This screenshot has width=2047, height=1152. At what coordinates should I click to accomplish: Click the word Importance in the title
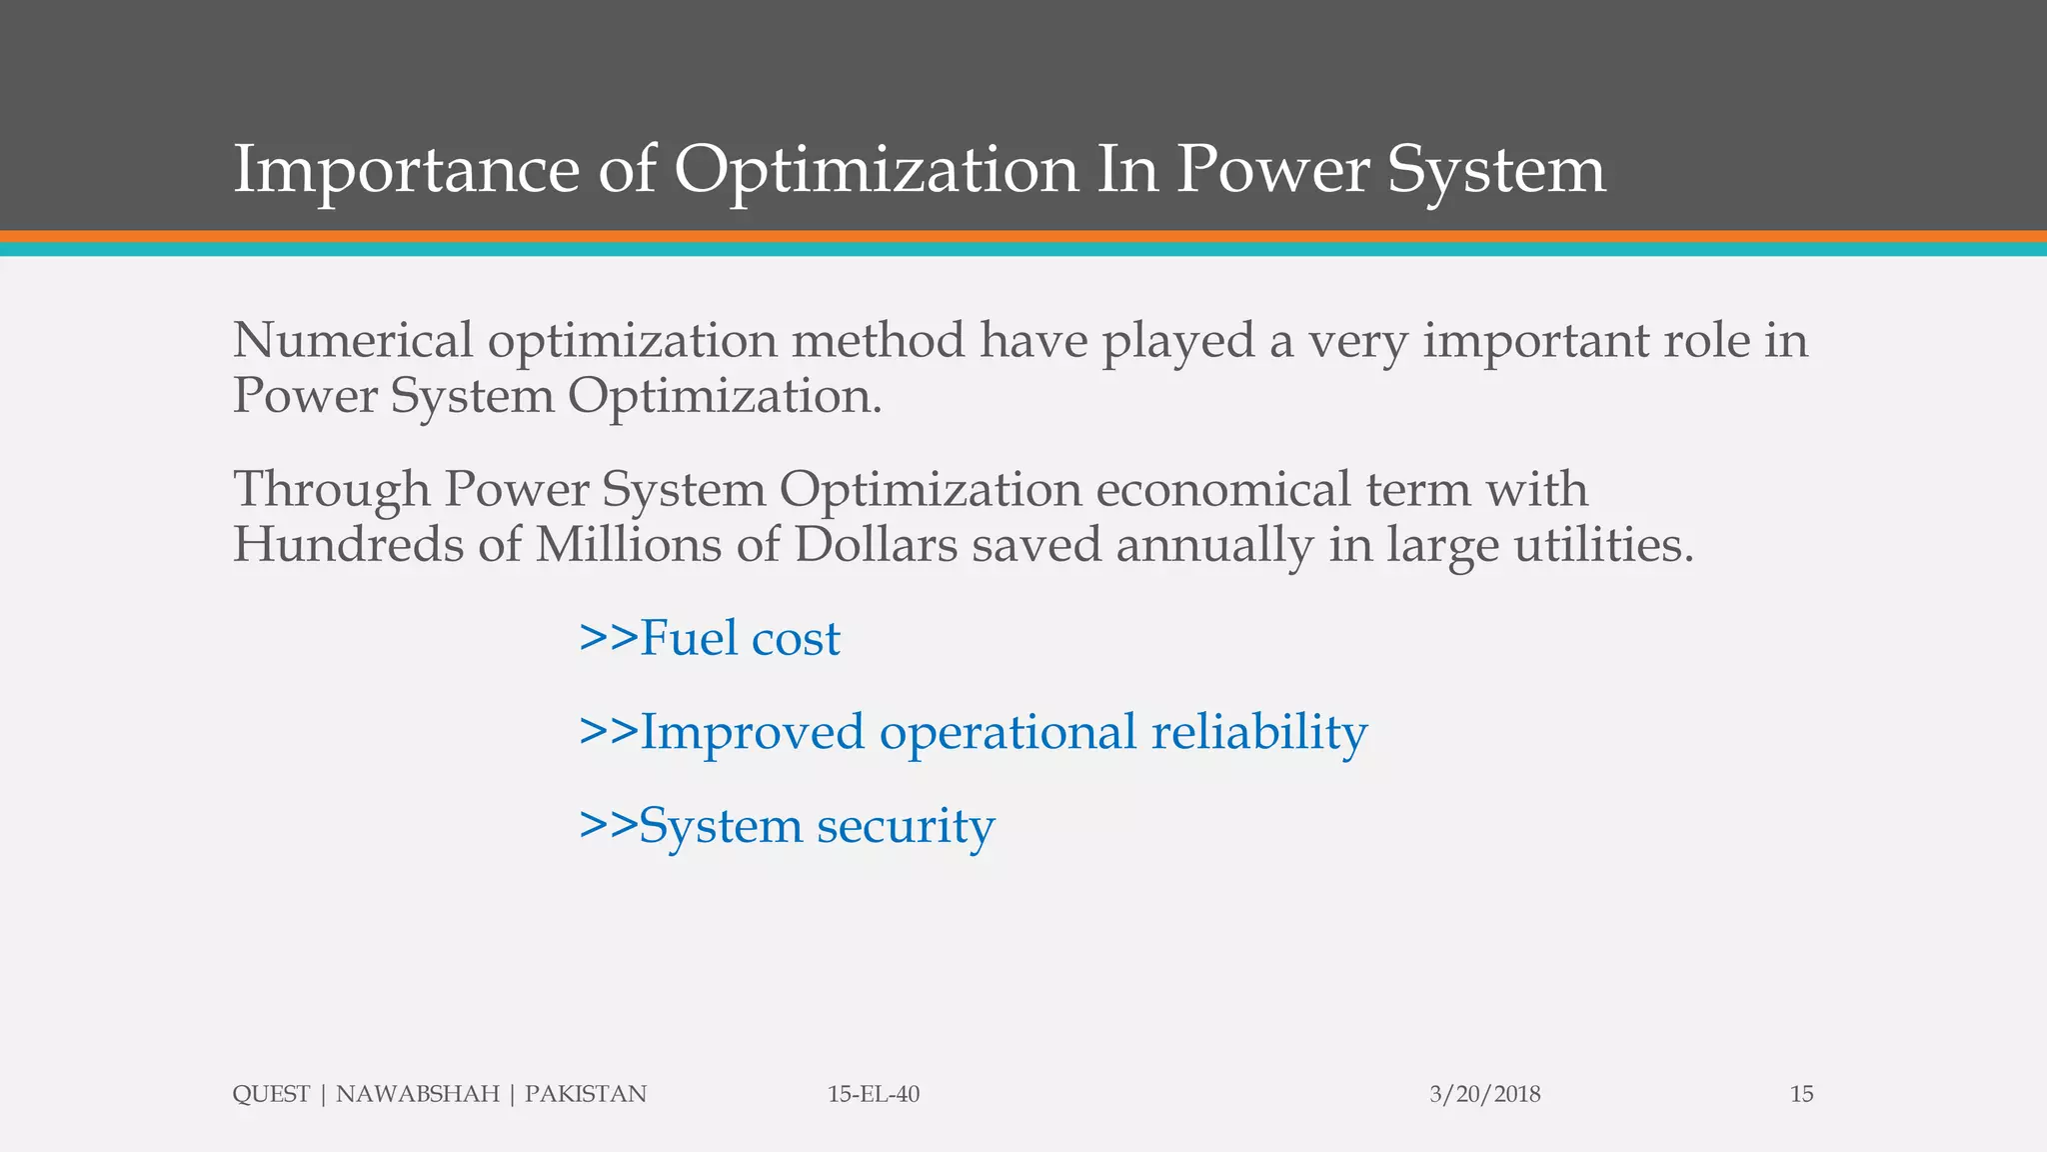click(x=406, y=170)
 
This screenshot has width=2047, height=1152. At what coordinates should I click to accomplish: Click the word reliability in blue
click(x=1258, y=732)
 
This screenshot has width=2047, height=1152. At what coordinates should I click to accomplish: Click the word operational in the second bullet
click(x=1008, y=732)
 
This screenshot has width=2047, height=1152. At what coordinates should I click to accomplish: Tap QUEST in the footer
click(x=271, y=1094)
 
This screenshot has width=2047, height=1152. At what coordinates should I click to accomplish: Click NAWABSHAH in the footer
click(x=417, y=1094)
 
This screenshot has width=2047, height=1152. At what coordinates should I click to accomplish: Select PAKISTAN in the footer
click(x=586, y=1094)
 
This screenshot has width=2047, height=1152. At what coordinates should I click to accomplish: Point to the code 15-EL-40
click(x=874, y=1094)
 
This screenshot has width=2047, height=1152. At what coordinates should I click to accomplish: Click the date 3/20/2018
click(x=1484, y=1094)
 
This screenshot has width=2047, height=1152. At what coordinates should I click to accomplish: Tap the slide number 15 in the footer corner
click(x=1801, y=1094)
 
